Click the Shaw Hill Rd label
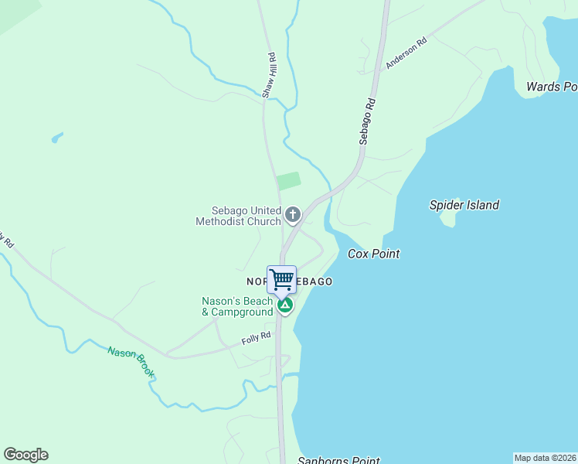[x=269, y=75]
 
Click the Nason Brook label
[x=131, y=363]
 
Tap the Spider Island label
[x=464, y=205]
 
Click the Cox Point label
[x=374, y=254]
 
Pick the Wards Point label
[x=552, y=87]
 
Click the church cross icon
[x=292, y=214]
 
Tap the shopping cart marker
[x=282, y=278]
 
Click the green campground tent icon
[x=285, y=305]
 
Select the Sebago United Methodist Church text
[x=238, y=216]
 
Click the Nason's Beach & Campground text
[x=237, y=306]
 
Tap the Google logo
[x=25, y=455]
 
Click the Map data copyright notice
[x=545, y=458]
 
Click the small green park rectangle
[x=289, y=181]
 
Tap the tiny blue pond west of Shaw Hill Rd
[x=56, y=138]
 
